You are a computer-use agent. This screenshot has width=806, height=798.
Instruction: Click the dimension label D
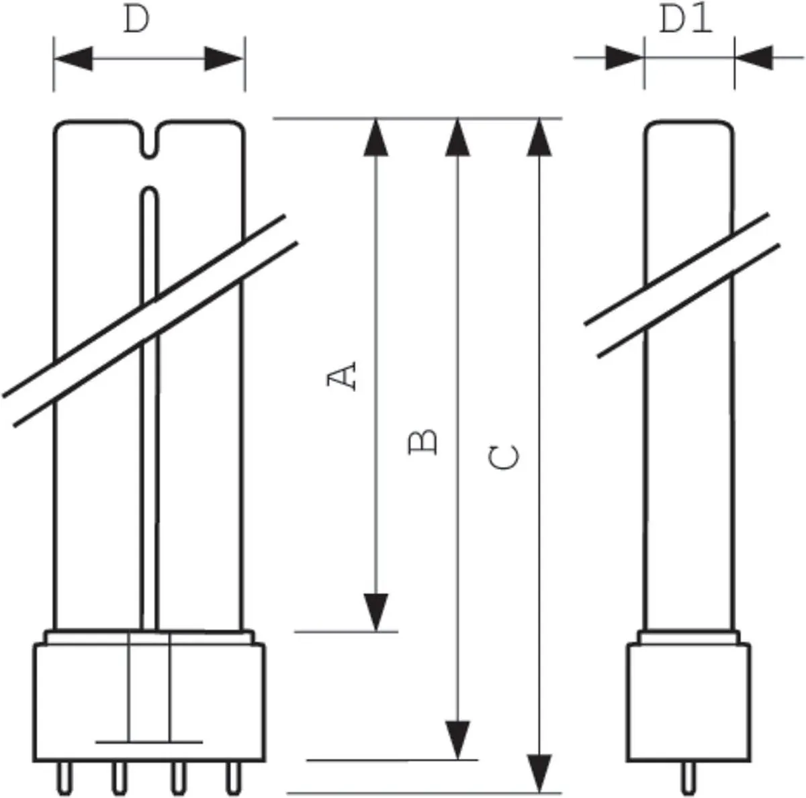(x=136, y=20)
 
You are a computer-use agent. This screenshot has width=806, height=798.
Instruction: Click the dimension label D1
(x=686, y=19)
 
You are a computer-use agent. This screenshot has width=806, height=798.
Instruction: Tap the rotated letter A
(x=342, y=377)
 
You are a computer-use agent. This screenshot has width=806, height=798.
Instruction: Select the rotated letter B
(x=422, y=442)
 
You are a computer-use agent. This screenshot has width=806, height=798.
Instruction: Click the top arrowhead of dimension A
(x=376, y=138)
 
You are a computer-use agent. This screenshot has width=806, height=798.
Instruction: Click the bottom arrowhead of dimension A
(x=376, y=612)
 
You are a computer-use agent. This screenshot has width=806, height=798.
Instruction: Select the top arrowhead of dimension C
(x=539, y=138)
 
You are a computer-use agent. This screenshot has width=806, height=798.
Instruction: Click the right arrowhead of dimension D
(x=223, y=58)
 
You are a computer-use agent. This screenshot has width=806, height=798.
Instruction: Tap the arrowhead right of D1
(x=754, y=58)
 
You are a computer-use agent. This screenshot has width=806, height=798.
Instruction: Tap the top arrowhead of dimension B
(x=457, y=138)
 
